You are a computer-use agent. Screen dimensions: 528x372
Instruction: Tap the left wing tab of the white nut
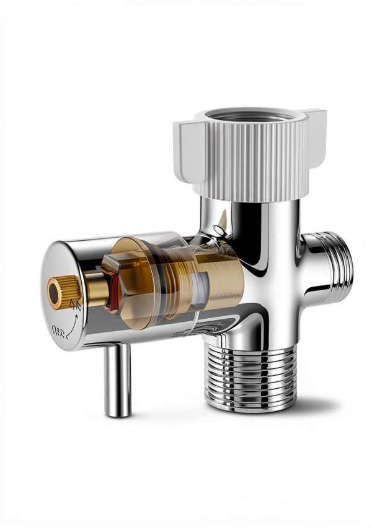pos(184,149)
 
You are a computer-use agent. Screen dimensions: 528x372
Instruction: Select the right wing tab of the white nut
pos(316,127)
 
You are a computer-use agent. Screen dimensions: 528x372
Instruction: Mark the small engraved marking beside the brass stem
pos(76,303)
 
